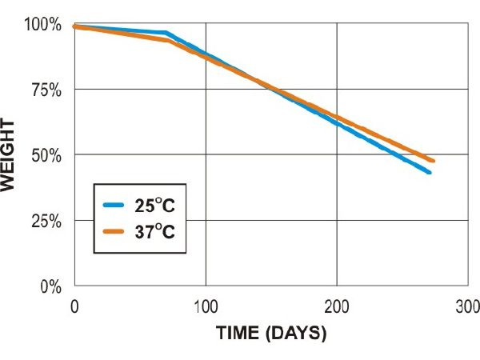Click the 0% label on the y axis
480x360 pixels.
tap(52, 286)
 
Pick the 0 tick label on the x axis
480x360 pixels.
tap(74, 305)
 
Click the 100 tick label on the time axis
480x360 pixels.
tap(206, 305)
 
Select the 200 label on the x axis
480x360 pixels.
tap(336, 305)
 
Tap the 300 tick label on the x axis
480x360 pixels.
tap(466, 305)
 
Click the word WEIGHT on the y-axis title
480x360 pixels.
tap(10, 154)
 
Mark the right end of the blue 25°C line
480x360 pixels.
tap(430, 172)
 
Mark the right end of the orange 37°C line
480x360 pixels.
tap(433, 161)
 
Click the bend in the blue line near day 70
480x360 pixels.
tap(166, 33)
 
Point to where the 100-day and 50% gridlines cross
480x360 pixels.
tap(206, 154)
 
